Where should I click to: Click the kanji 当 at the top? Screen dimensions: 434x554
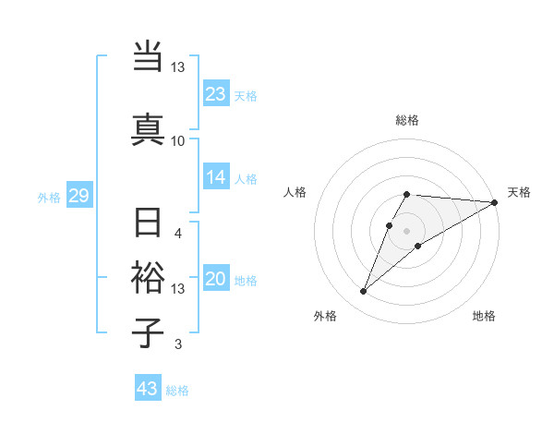[148, 56]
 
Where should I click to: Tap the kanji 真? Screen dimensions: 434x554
[148, 128]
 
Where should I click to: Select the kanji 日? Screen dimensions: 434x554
[148, 224]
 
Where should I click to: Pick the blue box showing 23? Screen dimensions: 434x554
[216, 93]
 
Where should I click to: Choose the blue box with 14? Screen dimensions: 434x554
[216, 178]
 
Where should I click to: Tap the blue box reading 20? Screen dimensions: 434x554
[216, 280]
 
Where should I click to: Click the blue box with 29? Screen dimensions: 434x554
[78, 196]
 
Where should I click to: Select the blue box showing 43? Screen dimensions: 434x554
[147, 389]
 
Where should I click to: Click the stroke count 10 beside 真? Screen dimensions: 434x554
[177, 140]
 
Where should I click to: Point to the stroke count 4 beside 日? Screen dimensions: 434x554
[178, 233]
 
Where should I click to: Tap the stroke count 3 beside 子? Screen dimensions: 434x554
[178, 345]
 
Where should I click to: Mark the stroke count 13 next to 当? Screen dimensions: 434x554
[177, 67]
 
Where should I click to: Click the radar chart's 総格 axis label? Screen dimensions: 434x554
[407, 120]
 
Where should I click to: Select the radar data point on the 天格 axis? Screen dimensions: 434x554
[495, 202]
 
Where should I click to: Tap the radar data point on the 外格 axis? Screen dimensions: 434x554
[363, 292]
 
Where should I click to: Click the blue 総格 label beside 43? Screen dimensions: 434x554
[177, 391]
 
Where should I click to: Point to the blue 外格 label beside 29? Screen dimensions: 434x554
[48, 198]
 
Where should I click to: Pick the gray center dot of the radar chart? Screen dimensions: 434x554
[407, 230]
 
